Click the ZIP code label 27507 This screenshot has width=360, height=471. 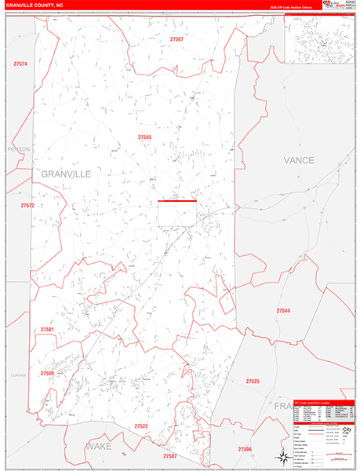[176, 38]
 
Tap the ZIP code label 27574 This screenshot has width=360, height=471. [20, 64]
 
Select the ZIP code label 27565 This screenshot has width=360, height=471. [144, 137]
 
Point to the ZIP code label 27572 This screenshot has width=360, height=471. [27, 206]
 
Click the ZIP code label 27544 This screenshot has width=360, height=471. [283, 311]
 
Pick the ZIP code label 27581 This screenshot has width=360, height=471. [47, 330]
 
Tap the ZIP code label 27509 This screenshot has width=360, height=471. [47, 374]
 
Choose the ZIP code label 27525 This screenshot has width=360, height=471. [253, 382]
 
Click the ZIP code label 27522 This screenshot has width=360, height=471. [140, 426]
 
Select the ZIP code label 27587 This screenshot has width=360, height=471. [170, 456]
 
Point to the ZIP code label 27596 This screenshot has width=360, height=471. [245, 449]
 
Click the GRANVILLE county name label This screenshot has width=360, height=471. [65, 173]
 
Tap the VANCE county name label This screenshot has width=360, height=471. [298, 160]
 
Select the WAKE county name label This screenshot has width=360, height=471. [99, 445]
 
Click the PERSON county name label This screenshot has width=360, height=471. [17, 148]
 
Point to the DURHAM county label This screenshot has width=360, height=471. [17, 375]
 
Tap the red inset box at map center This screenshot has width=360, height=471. [177, 213]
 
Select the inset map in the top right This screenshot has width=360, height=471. [318, 38]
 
